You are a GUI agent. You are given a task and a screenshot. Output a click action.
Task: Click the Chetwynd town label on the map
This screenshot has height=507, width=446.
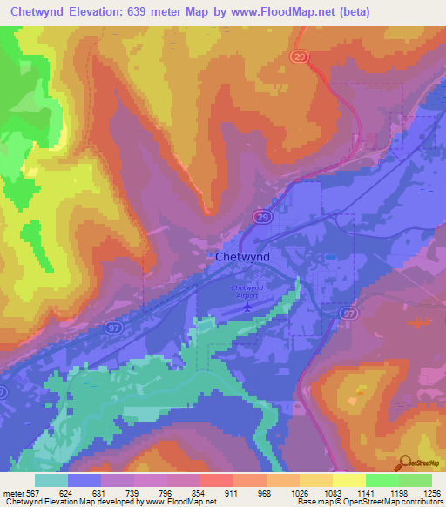tap(242, 257)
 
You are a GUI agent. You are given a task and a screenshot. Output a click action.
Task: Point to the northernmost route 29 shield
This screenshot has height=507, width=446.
tap(298, 55)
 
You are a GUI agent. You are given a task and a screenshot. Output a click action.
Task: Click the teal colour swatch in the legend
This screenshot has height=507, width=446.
tap(51, 480)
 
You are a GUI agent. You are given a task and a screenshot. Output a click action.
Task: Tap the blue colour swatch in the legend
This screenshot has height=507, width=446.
tap(84, 480)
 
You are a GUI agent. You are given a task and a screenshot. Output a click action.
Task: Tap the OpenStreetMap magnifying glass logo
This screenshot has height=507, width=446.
tap(404, 462)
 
